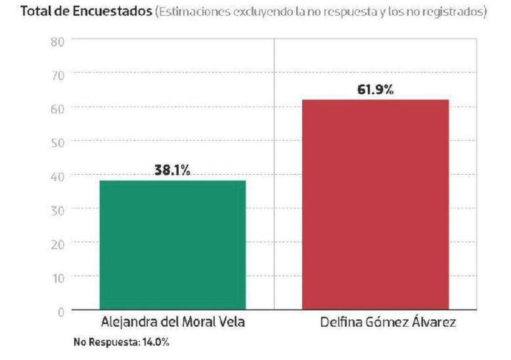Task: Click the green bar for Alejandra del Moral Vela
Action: click(172, 246)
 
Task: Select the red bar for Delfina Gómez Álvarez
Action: click(375, 205)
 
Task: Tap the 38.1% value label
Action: click(172, 170)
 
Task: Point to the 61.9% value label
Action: click(375, 90)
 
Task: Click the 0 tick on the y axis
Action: click(60, 311)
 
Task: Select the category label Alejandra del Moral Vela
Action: click(172, 322)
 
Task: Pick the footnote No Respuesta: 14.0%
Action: click(121, 343)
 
